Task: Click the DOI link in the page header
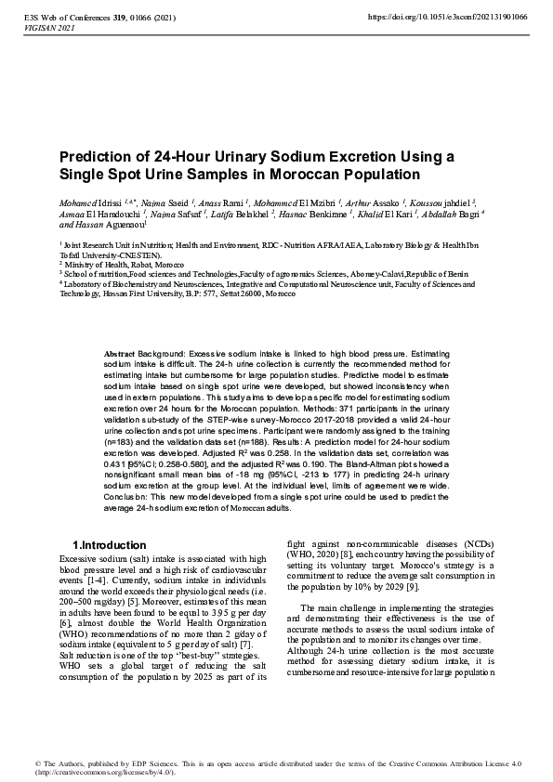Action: click(447, 17)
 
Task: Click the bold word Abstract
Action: click(120, 355)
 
